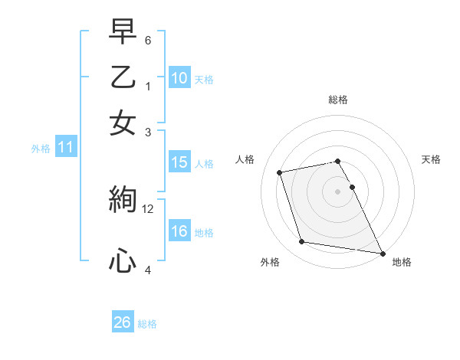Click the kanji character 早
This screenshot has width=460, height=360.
coord(123,33)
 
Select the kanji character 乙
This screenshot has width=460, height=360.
coord(123,78)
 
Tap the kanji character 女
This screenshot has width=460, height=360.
coord(123,123)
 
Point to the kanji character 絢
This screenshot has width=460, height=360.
coord(123,200)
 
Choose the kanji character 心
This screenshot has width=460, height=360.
coord(123,261)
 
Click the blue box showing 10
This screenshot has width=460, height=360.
coord(179,78)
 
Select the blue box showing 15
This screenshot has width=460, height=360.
coord(179,162)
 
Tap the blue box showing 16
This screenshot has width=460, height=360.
coord(179,231)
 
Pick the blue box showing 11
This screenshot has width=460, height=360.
coord(65,148)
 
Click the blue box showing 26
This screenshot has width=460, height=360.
coord(122,322)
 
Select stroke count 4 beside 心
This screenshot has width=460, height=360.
coord(147,270)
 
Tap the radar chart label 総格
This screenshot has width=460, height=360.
coord(338,100)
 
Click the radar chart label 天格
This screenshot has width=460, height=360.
coord(432,159)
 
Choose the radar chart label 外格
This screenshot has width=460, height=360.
coord(270,263)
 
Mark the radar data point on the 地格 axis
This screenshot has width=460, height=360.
coord(382,252)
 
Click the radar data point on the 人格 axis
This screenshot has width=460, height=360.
coord(280,172)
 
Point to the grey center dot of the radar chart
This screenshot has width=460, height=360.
coord(338,191)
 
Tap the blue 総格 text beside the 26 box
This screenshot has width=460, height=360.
coord(148,323)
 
